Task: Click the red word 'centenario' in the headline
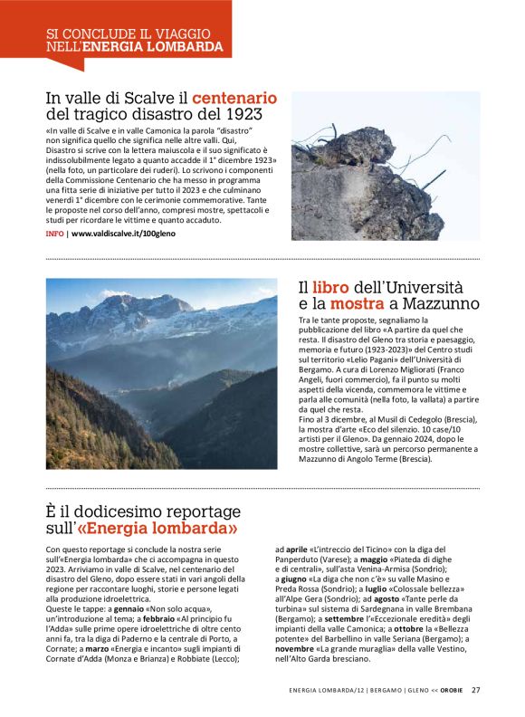click(x=234, y=98)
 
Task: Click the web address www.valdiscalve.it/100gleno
click(x=123, y=234)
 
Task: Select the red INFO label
click(x=54, y=234)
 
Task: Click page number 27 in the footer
click(x=476, y=690)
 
